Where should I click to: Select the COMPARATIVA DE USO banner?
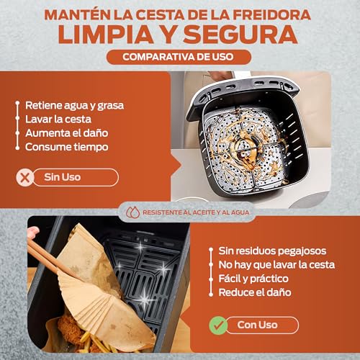179,58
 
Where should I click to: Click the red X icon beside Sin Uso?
27,177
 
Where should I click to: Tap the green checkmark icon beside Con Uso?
216,325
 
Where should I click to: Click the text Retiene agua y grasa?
74,105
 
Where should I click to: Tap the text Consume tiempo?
66,146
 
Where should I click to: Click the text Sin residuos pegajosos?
272,251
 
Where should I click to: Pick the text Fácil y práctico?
254,279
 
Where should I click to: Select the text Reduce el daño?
254,292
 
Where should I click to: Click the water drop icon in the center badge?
130,213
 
